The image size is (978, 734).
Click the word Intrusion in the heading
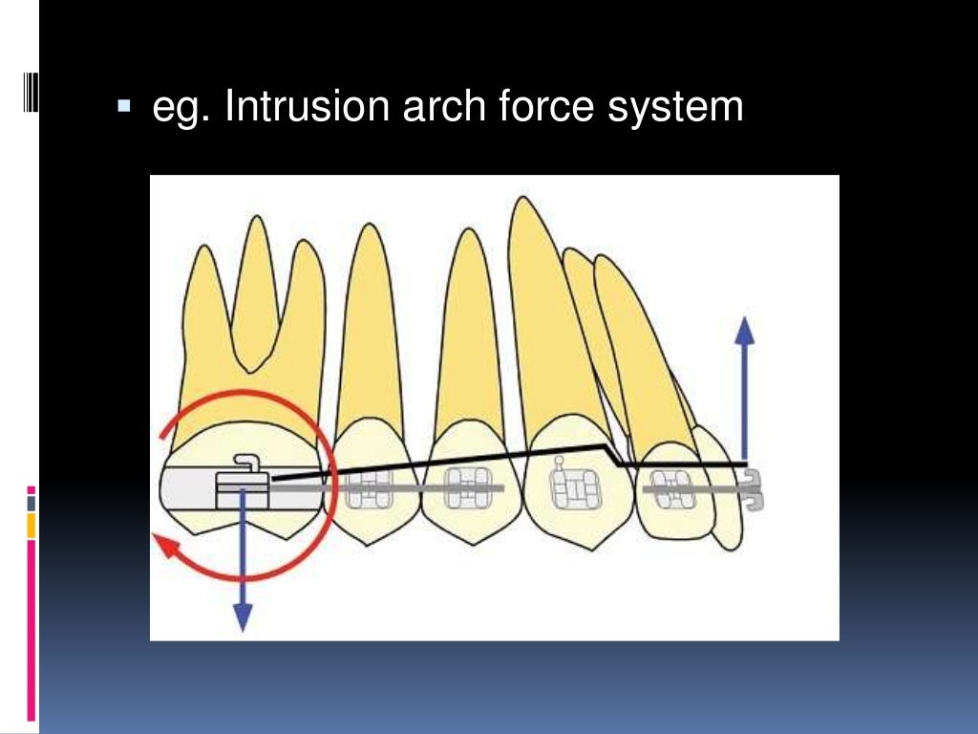click(x=302, y=107)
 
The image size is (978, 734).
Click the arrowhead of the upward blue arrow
click(x=745, y=331)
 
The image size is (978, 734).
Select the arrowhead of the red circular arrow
click(x=164, y=546)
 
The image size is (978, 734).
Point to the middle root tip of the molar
click(x=255, y=219)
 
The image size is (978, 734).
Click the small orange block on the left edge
click(x=32, y=525)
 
